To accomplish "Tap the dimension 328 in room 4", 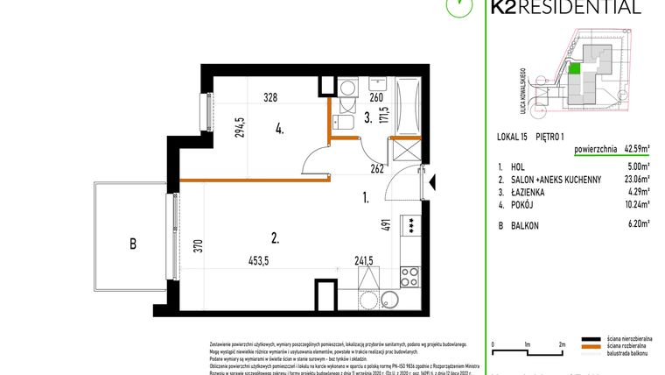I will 271,98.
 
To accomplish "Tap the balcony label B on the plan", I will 133,244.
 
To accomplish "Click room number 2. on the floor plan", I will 274,236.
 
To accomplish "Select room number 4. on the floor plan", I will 279,129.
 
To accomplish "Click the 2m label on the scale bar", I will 562,344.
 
